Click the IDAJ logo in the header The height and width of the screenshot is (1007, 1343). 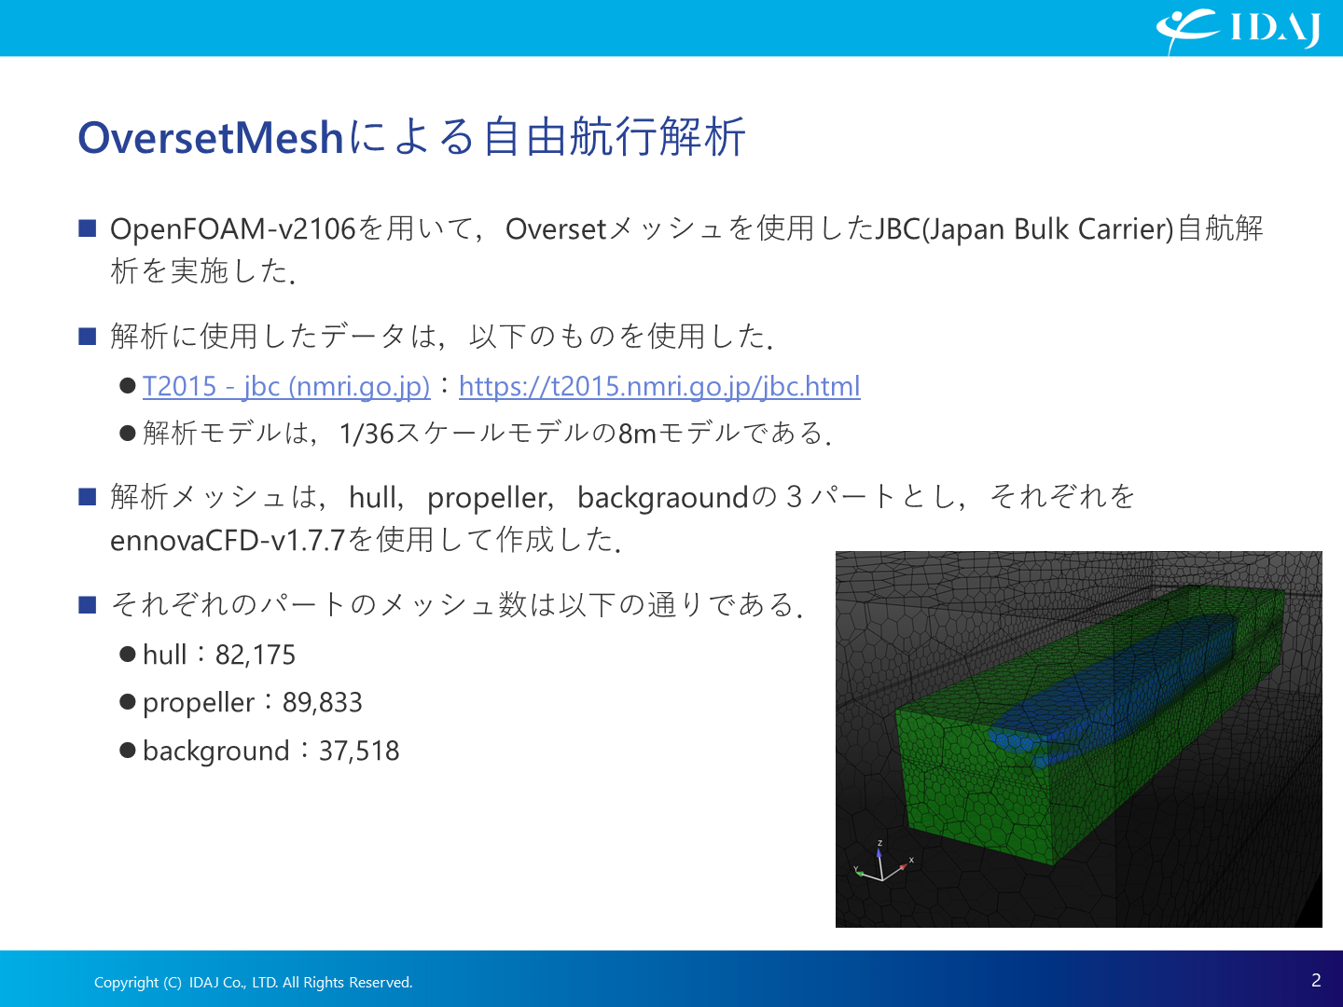pyautogui.click(x=1239, y=29)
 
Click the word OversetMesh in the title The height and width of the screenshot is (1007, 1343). pyautogui.click(x=211, y=138)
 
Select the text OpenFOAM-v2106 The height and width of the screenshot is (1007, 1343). pyautogui.click(x=232, y=229)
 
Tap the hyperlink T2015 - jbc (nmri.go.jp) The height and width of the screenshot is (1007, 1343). pyautogui.click(x=286, y=386)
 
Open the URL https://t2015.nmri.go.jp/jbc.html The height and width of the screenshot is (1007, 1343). pyautogui.click(x=659, y=386)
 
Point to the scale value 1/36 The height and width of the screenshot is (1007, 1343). pyautogui.click(x=366, y=434)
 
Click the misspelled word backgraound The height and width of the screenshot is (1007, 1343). pyautogui.click(x=662, y=497)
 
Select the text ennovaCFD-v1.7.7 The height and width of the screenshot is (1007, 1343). pyautogui.click(x=228, y=541)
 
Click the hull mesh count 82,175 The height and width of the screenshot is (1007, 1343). pyautogui.click(x=256, y=655)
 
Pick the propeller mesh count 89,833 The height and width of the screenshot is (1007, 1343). pyautogui.click(x=322, y=702)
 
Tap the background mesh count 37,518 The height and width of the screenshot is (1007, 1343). pyautogui.click(x=359, y=751)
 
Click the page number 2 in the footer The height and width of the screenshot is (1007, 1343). pyautogui.click(x=1316, y=980)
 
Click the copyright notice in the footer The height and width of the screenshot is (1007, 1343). pyautogui.click(x=254, y=982)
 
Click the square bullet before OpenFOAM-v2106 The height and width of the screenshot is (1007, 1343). pyautogui.click(x=88, y=228)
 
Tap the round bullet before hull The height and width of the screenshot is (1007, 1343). pyautogui.click(x=127, y=655)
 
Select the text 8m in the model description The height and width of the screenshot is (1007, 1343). pyautogui.click(x=637, y=434)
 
